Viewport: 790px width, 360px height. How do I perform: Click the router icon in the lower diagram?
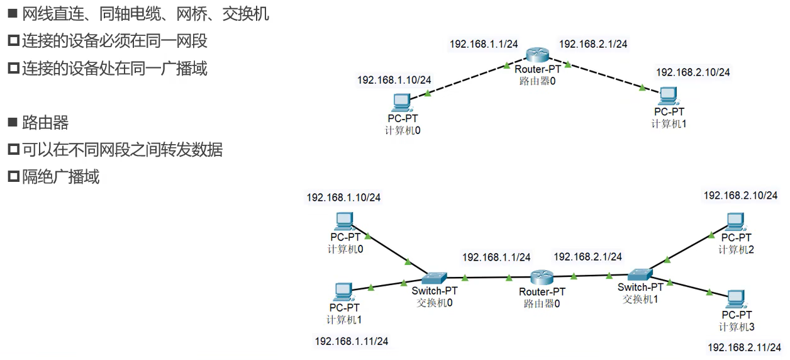click(x=541, y=277)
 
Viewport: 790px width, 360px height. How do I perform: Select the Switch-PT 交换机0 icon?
click(x=433, y=278)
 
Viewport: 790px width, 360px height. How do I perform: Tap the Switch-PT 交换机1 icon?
click(x=639, y=274)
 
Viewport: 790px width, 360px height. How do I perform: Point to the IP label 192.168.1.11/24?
click(x=351, y=340)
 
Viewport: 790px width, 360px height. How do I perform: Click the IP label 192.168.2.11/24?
click(x=745, y=347)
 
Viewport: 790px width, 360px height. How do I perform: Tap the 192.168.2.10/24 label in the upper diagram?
click(x=693, y=72)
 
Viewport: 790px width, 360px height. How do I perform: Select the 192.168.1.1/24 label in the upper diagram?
click(x=484, y=43)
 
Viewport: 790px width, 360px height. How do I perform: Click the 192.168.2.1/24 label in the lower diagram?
click(x=587, y=256)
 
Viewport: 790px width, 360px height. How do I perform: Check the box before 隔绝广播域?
click(x=13, y=177)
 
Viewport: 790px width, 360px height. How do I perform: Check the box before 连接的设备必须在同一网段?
click(x=13, y=42)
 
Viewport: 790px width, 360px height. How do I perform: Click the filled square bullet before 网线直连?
click(x=13, y=14)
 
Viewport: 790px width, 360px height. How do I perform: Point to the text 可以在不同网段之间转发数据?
click(x=122, y=150)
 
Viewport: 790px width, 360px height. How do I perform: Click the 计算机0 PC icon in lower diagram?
click(x=343, y=221)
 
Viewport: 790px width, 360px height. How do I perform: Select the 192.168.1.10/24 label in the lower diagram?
click(x=343, y=197)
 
